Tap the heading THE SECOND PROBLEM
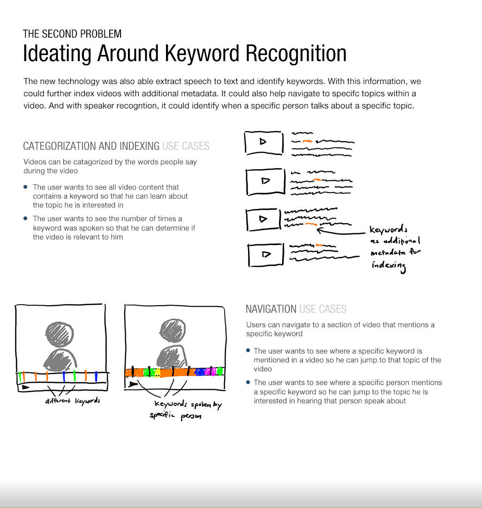point(72,34)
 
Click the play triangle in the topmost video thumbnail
point(263,141)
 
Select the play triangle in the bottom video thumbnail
point(266,254)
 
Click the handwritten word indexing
point(388,266)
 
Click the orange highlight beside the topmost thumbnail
point(307,141)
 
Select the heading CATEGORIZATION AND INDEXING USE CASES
point(116,146)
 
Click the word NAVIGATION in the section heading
point(271,309)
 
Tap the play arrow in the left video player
point(25,387)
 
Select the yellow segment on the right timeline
point(157,372)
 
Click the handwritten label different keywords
point(73,401)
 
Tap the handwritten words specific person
point(175,416)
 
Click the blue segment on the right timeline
point(199,372)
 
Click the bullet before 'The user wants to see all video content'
point(26,187)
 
